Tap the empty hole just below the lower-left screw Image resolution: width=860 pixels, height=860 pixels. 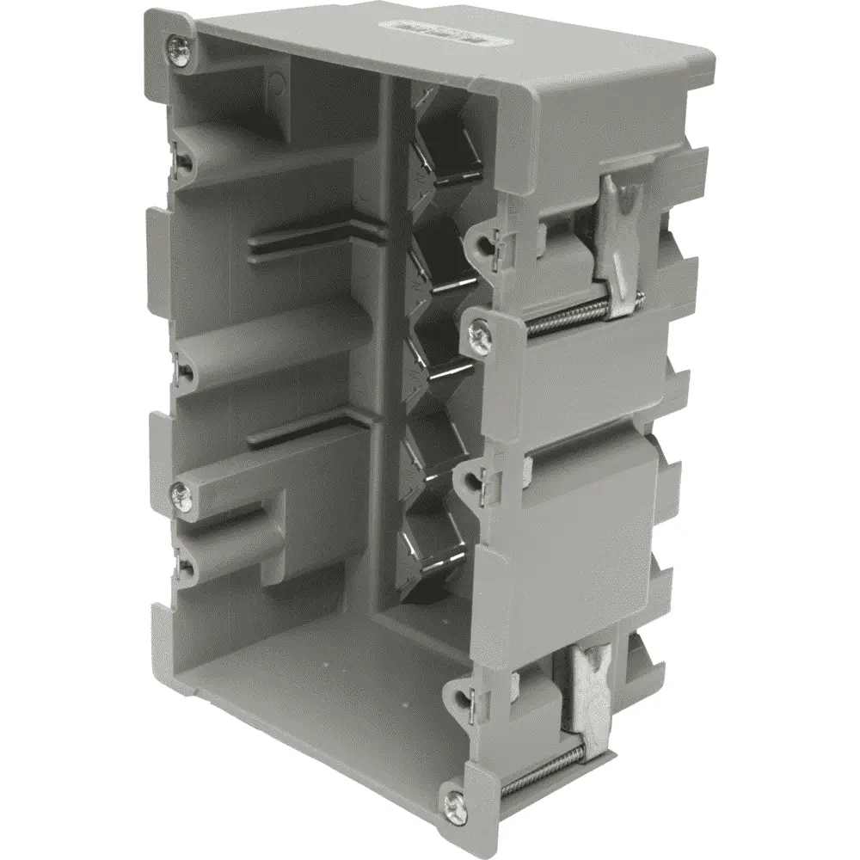(183, 565)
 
